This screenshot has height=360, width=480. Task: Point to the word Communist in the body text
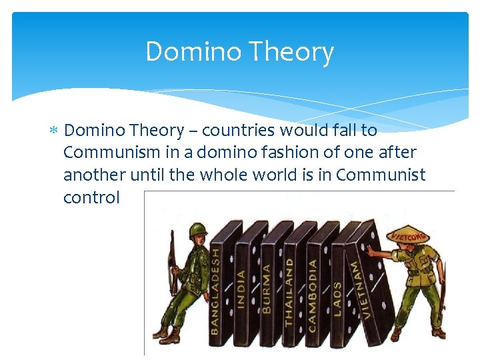point(381,175)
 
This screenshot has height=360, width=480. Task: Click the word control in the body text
point(91,197)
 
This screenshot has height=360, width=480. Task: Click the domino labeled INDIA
point(241,283)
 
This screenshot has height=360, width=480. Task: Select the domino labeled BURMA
point(267,283)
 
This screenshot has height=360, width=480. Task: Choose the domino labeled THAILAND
point(290,283)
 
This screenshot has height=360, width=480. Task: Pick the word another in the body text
point(92,175)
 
